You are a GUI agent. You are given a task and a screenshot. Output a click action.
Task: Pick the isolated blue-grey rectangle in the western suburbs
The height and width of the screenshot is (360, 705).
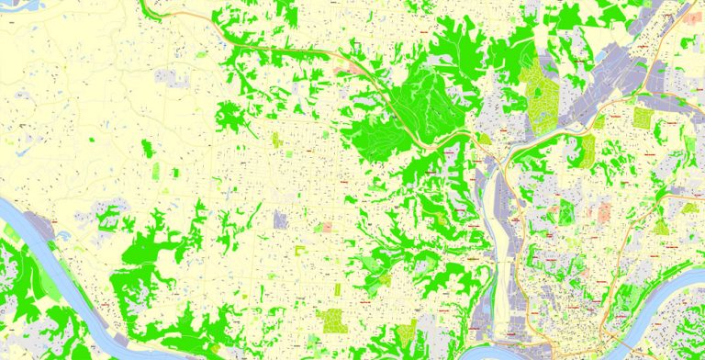pos(280,219)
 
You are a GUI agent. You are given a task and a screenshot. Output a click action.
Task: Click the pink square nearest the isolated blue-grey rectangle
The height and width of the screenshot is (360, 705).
pos(325,227)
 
